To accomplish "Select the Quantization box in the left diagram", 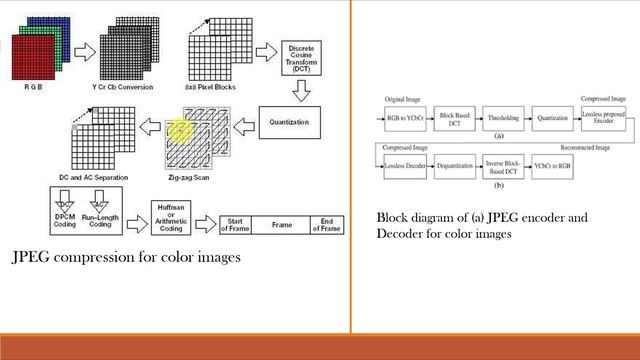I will [303, 122].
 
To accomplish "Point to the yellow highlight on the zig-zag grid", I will [179, 130].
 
